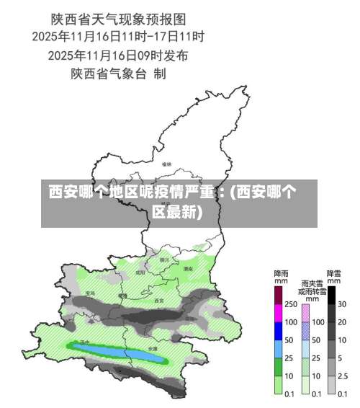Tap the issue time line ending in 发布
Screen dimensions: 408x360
click(x=119, y=54)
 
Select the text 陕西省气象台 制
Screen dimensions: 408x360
click(x=119, y=73)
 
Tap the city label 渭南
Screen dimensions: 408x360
click(x=188, y=268)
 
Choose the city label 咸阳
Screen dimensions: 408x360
click(x=140, y=273)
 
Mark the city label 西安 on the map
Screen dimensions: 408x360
click(x=159, y=300)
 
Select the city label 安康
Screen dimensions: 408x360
click(x=153, y=347)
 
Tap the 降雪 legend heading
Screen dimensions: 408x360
click(x=334, y=274)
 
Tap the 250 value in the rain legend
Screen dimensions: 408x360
click(x=290, y=304)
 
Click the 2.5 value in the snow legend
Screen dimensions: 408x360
click(x=343, y=376)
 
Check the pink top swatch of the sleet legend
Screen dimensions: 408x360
click(x=305, y=313)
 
